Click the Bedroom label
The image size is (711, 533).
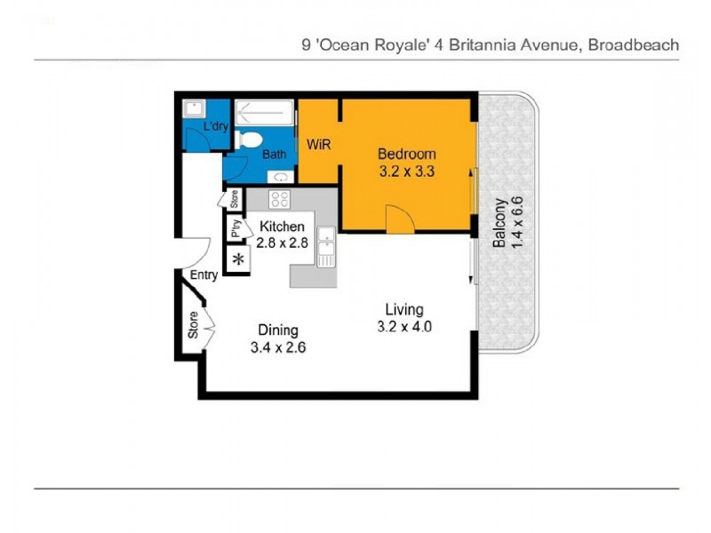405,153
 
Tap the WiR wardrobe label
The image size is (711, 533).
319,145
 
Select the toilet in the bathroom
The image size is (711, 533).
249,139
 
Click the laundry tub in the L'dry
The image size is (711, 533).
193,108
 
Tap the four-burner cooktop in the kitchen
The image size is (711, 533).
279,199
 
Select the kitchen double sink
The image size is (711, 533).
326,246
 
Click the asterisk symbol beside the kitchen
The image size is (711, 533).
237,259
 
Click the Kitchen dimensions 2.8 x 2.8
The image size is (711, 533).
281,242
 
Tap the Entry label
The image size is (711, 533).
204,275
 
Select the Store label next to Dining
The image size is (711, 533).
193,325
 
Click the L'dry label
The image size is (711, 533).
216,127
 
